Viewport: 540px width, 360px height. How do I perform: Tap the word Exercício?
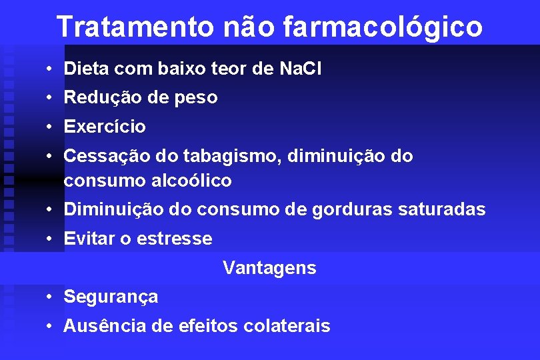click(105, 127)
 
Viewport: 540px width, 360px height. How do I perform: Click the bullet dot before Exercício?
click(50, 127)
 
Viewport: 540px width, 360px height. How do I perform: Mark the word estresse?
click(175, 239)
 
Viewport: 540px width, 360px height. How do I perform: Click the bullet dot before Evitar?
click(50, 239)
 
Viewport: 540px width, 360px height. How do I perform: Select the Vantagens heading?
click(269, 268)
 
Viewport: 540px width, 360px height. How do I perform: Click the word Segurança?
click(111, 297)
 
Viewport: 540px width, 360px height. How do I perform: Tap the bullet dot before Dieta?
click(50, 69)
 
